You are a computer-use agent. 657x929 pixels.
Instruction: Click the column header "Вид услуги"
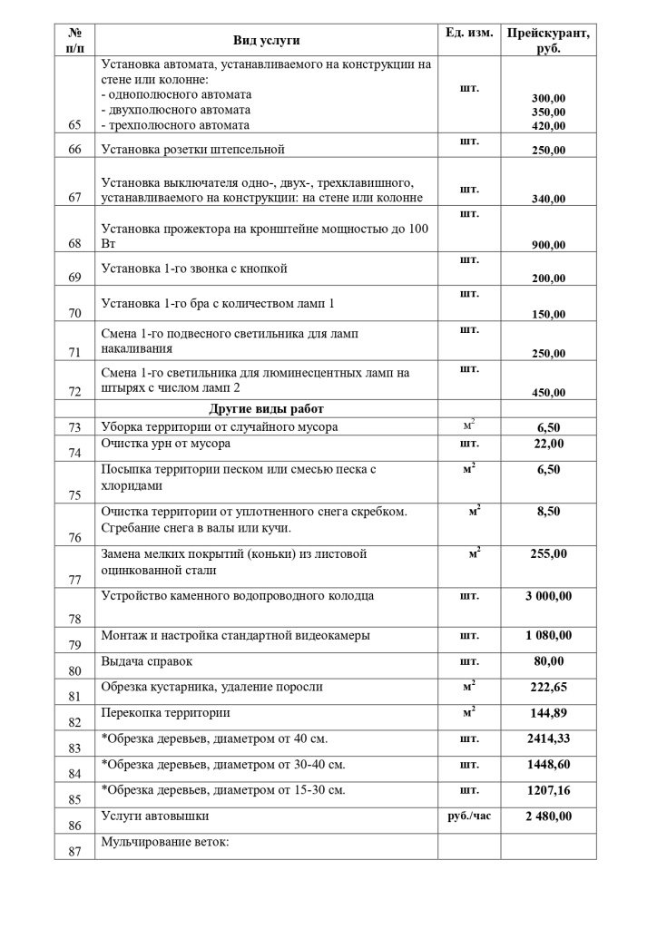click(266, 40)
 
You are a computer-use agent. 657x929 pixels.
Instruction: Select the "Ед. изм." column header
click(469, 33)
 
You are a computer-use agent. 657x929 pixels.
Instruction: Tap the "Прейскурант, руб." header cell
click(548, 41)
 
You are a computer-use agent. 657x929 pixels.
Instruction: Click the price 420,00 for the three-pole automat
click(548, 126)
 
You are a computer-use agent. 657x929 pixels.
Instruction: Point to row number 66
click(74, 150)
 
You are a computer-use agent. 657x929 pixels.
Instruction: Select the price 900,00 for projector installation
click(548, 245)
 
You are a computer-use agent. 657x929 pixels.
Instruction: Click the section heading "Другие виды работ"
click(266, 409)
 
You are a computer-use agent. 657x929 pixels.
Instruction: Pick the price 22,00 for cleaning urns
click(548, 444)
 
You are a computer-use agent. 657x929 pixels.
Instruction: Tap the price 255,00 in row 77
click(548, 553)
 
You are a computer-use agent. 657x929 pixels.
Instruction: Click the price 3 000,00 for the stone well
click(548, 596)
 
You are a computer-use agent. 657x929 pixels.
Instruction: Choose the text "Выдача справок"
click(147, 661)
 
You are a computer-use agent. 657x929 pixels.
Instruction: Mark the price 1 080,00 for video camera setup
click(548, 635)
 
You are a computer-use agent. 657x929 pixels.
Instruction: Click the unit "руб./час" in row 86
click(469, 817)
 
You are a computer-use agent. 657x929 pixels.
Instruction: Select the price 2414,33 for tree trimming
click(548, 738)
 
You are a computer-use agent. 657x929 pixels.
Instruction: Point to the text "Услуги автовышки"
click(155, 817)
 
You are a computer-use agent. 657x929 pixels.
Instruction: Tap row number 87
click(74, 851)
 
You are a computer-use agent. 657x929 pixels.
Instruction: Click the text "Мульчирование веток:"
click(165, 842)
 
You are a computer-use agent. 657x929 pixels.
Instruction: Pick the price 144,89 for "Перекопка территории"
click(548, 713)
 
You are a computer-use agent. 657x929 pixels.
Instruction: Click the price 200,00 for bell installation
click(548, 279)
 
